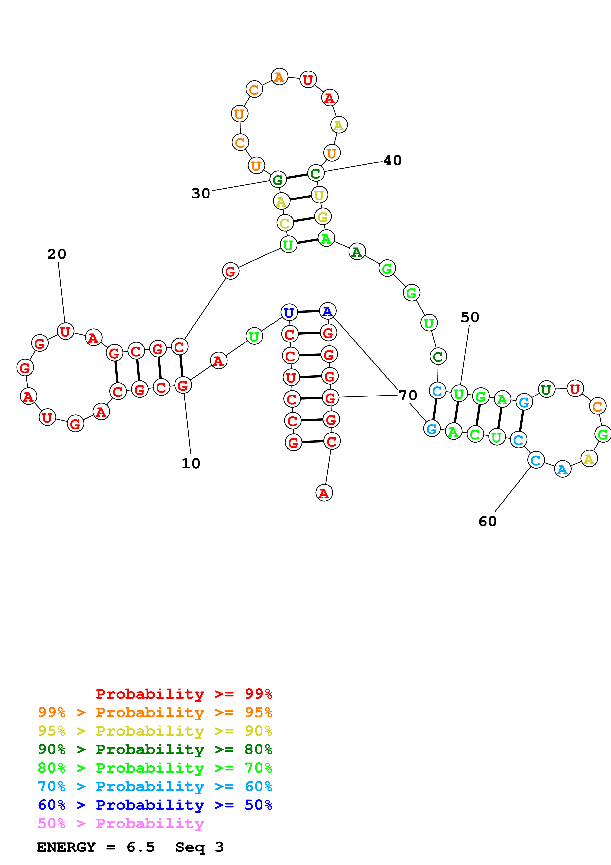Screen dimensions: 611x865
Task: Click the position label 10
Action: pos(191,463)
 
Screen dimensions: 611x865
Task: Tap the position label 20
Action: pos(57,254)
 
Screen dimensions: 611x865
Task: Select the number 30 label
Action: pos(201,193)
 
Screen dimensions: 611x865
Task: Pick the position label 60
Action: pos(488,522)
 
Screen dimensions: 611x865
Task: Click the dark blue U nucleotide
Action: pos(289,312)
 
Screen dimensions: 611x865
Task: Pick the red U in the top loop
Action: pos(308,79)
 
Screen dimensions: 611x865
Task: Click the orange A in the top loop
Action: pos(279,77)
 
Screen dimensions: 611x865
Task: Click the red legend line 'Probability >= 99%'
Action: pos(184,694)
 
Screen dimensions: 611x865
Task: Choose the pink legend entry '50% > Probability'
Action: pos(121,824)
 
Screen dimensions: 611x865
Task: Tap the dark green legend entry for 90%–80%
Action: pos(155,749)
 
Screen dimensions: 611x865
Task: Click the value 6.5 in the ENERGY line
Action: pos(141,847)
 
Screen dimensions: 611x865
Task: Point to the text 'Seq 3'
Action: pos(200,847)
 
